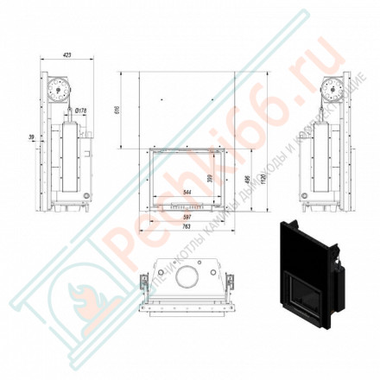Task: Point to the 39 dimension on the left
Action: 32,136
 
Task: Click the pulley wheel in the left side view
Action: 58,88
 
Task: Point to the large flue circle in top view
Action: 188,278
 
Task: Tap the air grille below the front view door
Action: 186,208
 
